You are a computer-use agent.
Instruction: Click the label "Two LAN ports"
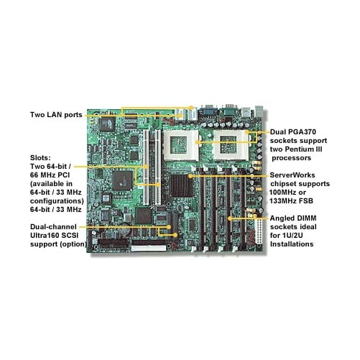tap(56, 115)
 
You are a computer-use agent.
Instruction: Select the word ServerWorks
tap(292, 175)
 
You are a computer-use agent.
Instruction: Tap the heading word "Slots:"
tap(40, 158)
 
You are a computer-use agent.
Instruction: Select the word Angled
tap(282, 218)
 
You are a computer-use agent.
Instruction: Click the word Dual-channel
tap(53, 227)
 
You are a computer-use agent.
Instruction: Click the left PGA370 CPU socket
tap(181, 145)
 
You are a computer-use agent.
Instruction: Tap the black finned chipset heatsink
tap(180, 185)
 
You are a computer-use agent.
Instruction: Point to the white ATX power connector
tap(259, 231)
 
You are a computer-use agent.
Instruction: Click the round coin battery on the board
tap(125, 230)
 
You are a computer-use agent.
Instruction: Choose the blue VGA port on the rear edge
tap(208, 111)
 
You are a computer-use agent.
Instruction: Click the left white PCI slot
tap(146, 167)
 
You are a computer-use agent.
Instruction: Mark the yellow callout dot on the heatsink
tap(190, 176)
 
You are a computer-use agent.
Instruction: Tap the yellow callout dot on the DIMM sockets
tap(230, 218)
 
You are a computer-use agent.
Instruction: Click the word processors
tap(291, 158)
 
